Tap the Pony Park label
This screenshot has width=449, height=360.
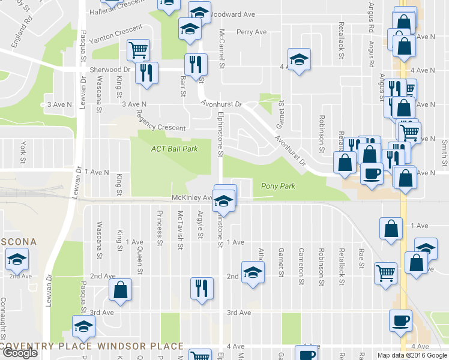[278, 186]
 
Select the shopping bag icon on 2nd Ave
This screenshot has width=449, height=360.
[121, 290]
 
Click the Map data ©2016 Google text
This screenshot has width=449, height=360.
[411, 355]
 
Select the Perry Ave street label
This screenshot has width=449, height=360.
[252, 32]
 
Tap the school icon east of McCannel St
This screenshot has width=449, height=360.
[298, 59]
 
